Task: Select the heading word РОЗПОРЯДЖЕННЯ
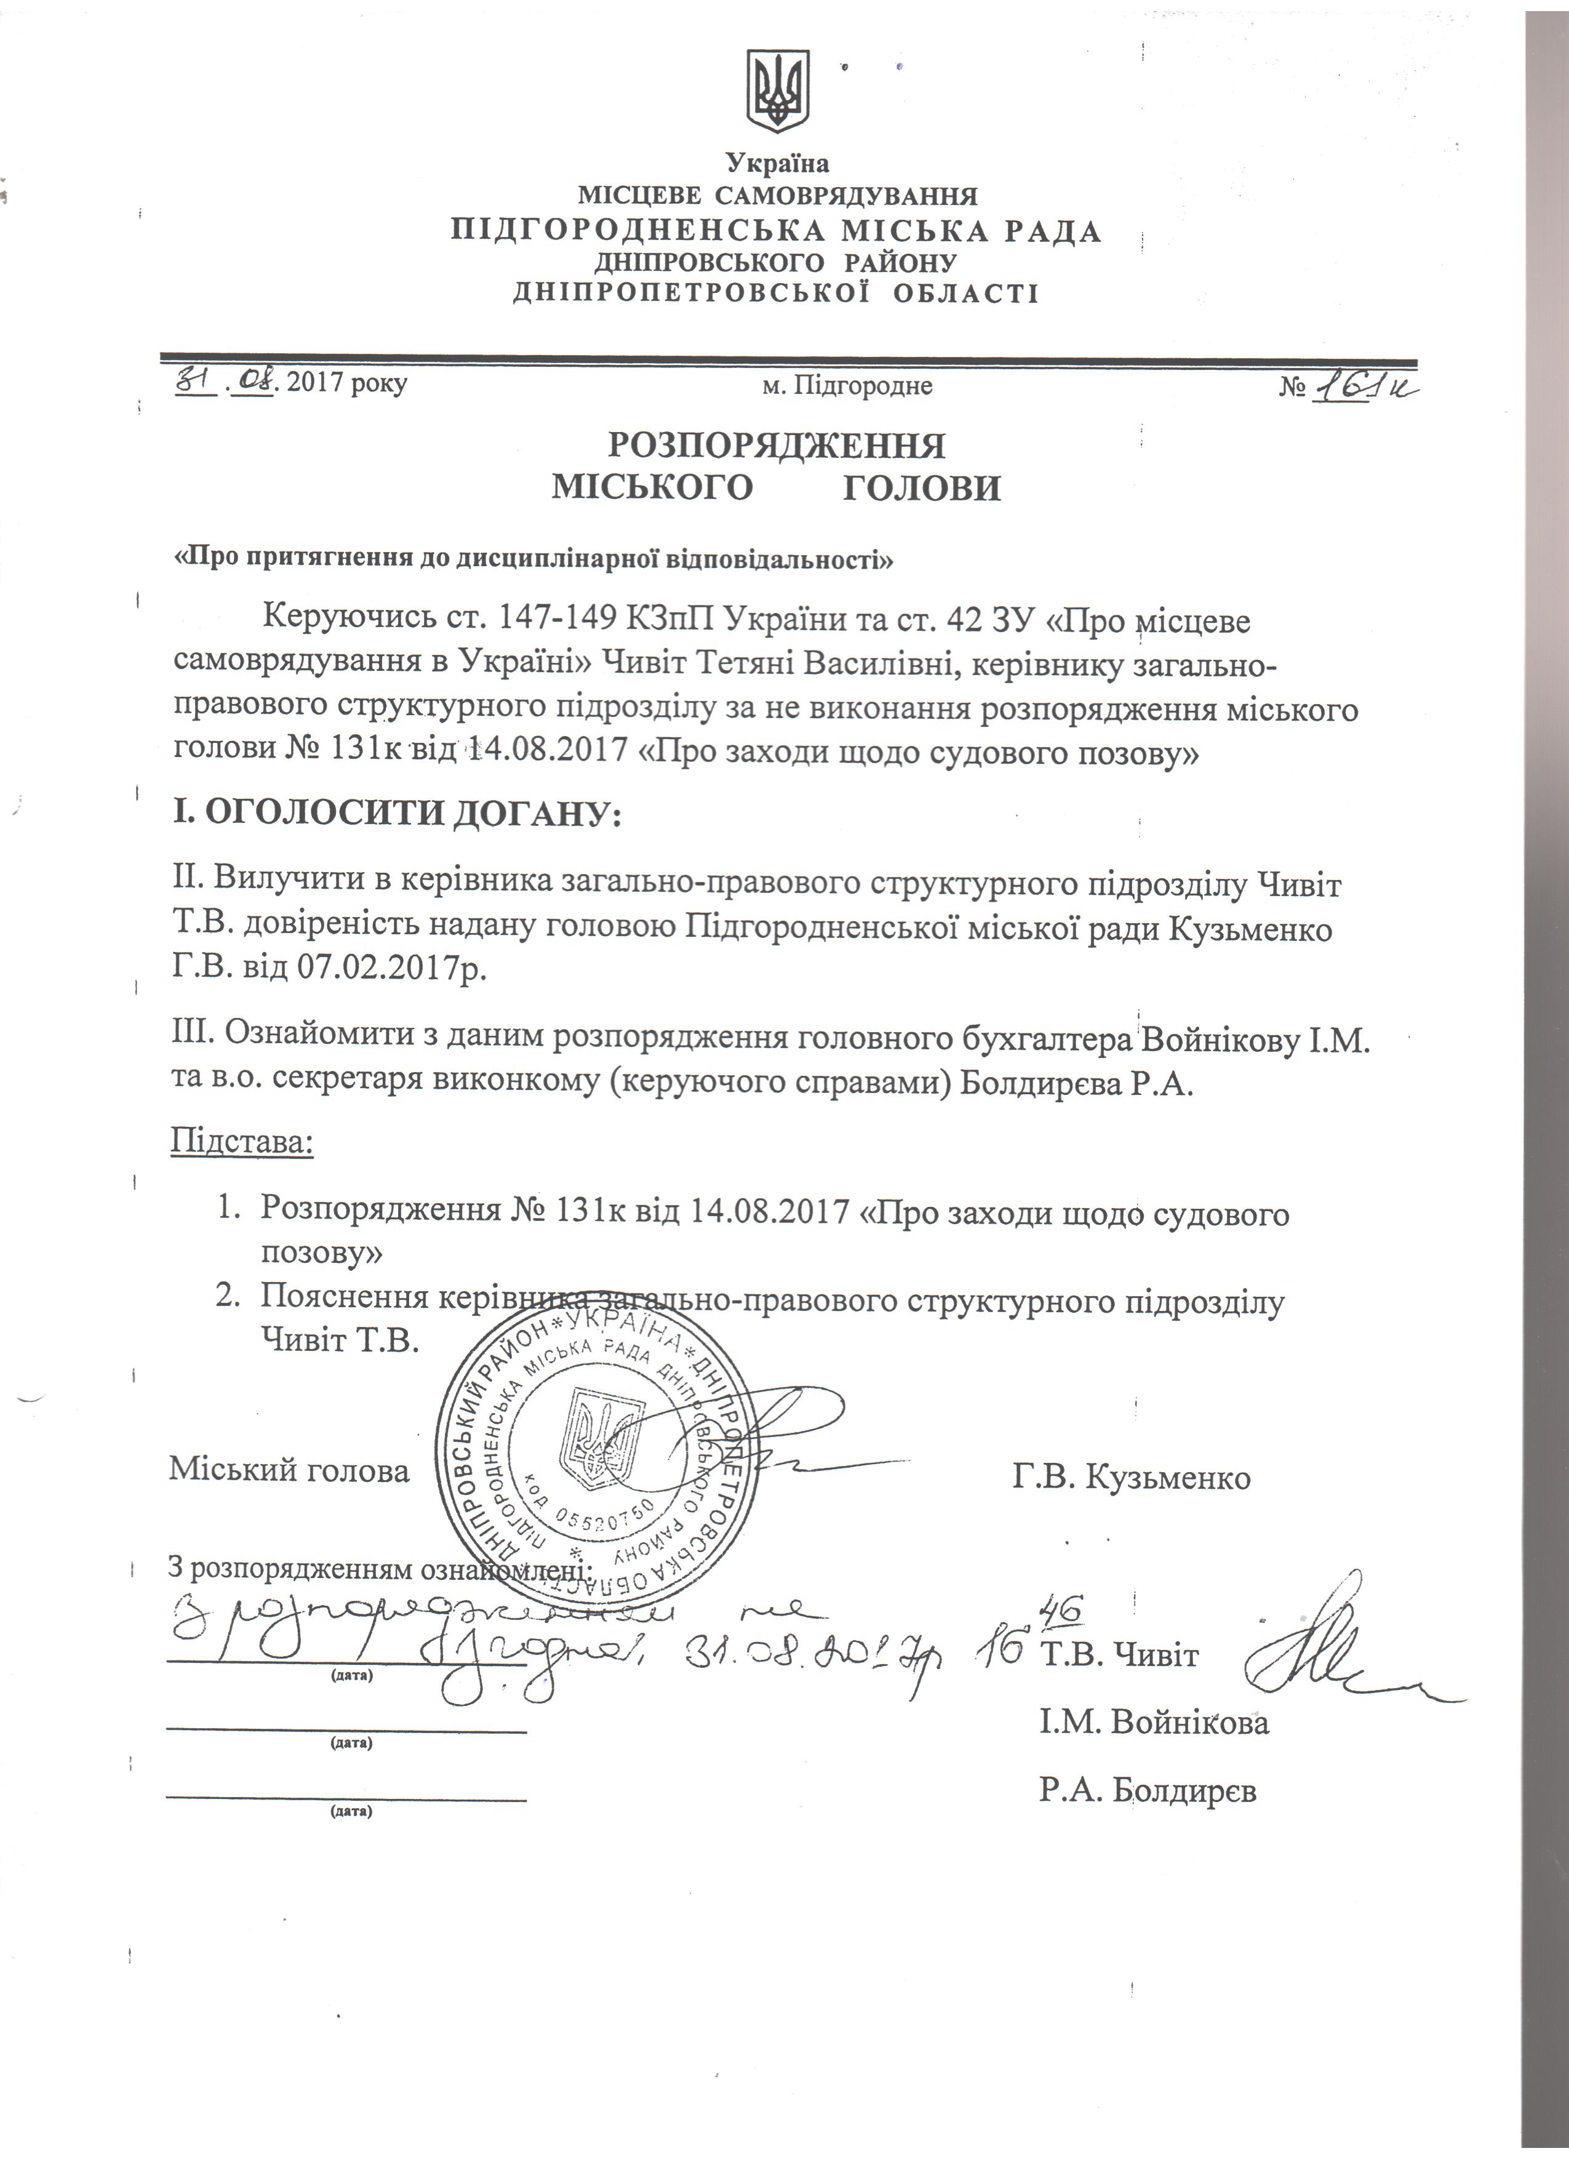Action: tap(777, 446)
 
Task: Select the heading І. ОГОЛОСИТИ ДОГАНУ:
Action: tap(396, 814)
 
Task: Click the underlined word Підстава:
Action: tap(242, 1139)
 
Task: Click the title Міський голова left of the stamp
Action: tap(289, 1471)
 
